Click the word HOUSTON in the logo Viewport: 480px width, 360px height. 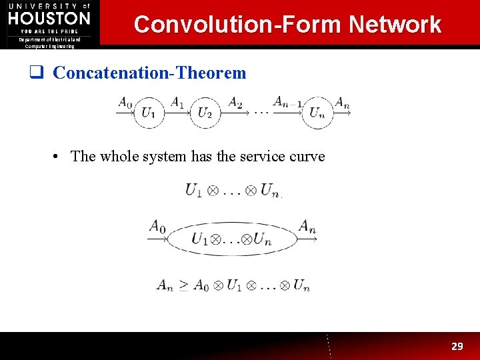click(49, 18)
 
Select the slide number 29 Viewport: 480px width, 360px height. click(457, 346)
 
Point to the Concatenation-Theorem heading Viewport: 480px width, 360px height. click(149, 73)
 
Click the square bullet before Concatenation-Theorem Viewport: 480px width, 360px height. click(41, 73)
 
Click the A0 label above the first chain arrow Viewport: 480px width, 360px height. click(125, 102)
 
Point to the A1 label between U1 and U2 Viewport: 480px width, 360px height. click(177, 102)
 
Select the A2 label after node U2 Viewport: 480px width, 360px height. click(235, 102)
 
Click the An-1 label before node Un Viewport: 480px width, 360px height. click(288, 102)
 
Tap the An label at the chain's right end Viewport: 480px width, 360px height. click(342, 102)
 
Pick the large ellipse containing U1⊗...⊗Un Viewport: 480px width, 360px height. click(231, 239)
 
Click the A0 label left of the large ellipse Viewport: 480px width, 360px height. click(157, 226)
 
